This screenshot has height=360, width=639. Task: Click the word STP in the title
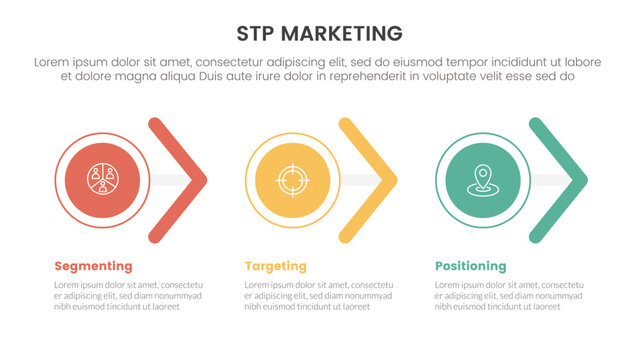coord(257,32)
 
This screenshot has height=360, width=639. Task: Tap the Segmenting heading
coord(93,266)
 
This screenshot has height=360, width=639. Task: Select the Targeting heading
coord(275,266)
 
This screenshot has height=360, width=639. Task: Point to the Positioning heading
coord(470,266)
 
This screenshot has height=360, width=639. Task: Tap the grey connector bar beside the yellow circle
coord(360,181)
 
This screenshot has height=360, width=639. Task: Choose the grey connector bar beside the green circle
coord(550,181)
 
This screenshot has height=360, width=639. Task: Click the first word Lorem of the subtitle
coord(53,62)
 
